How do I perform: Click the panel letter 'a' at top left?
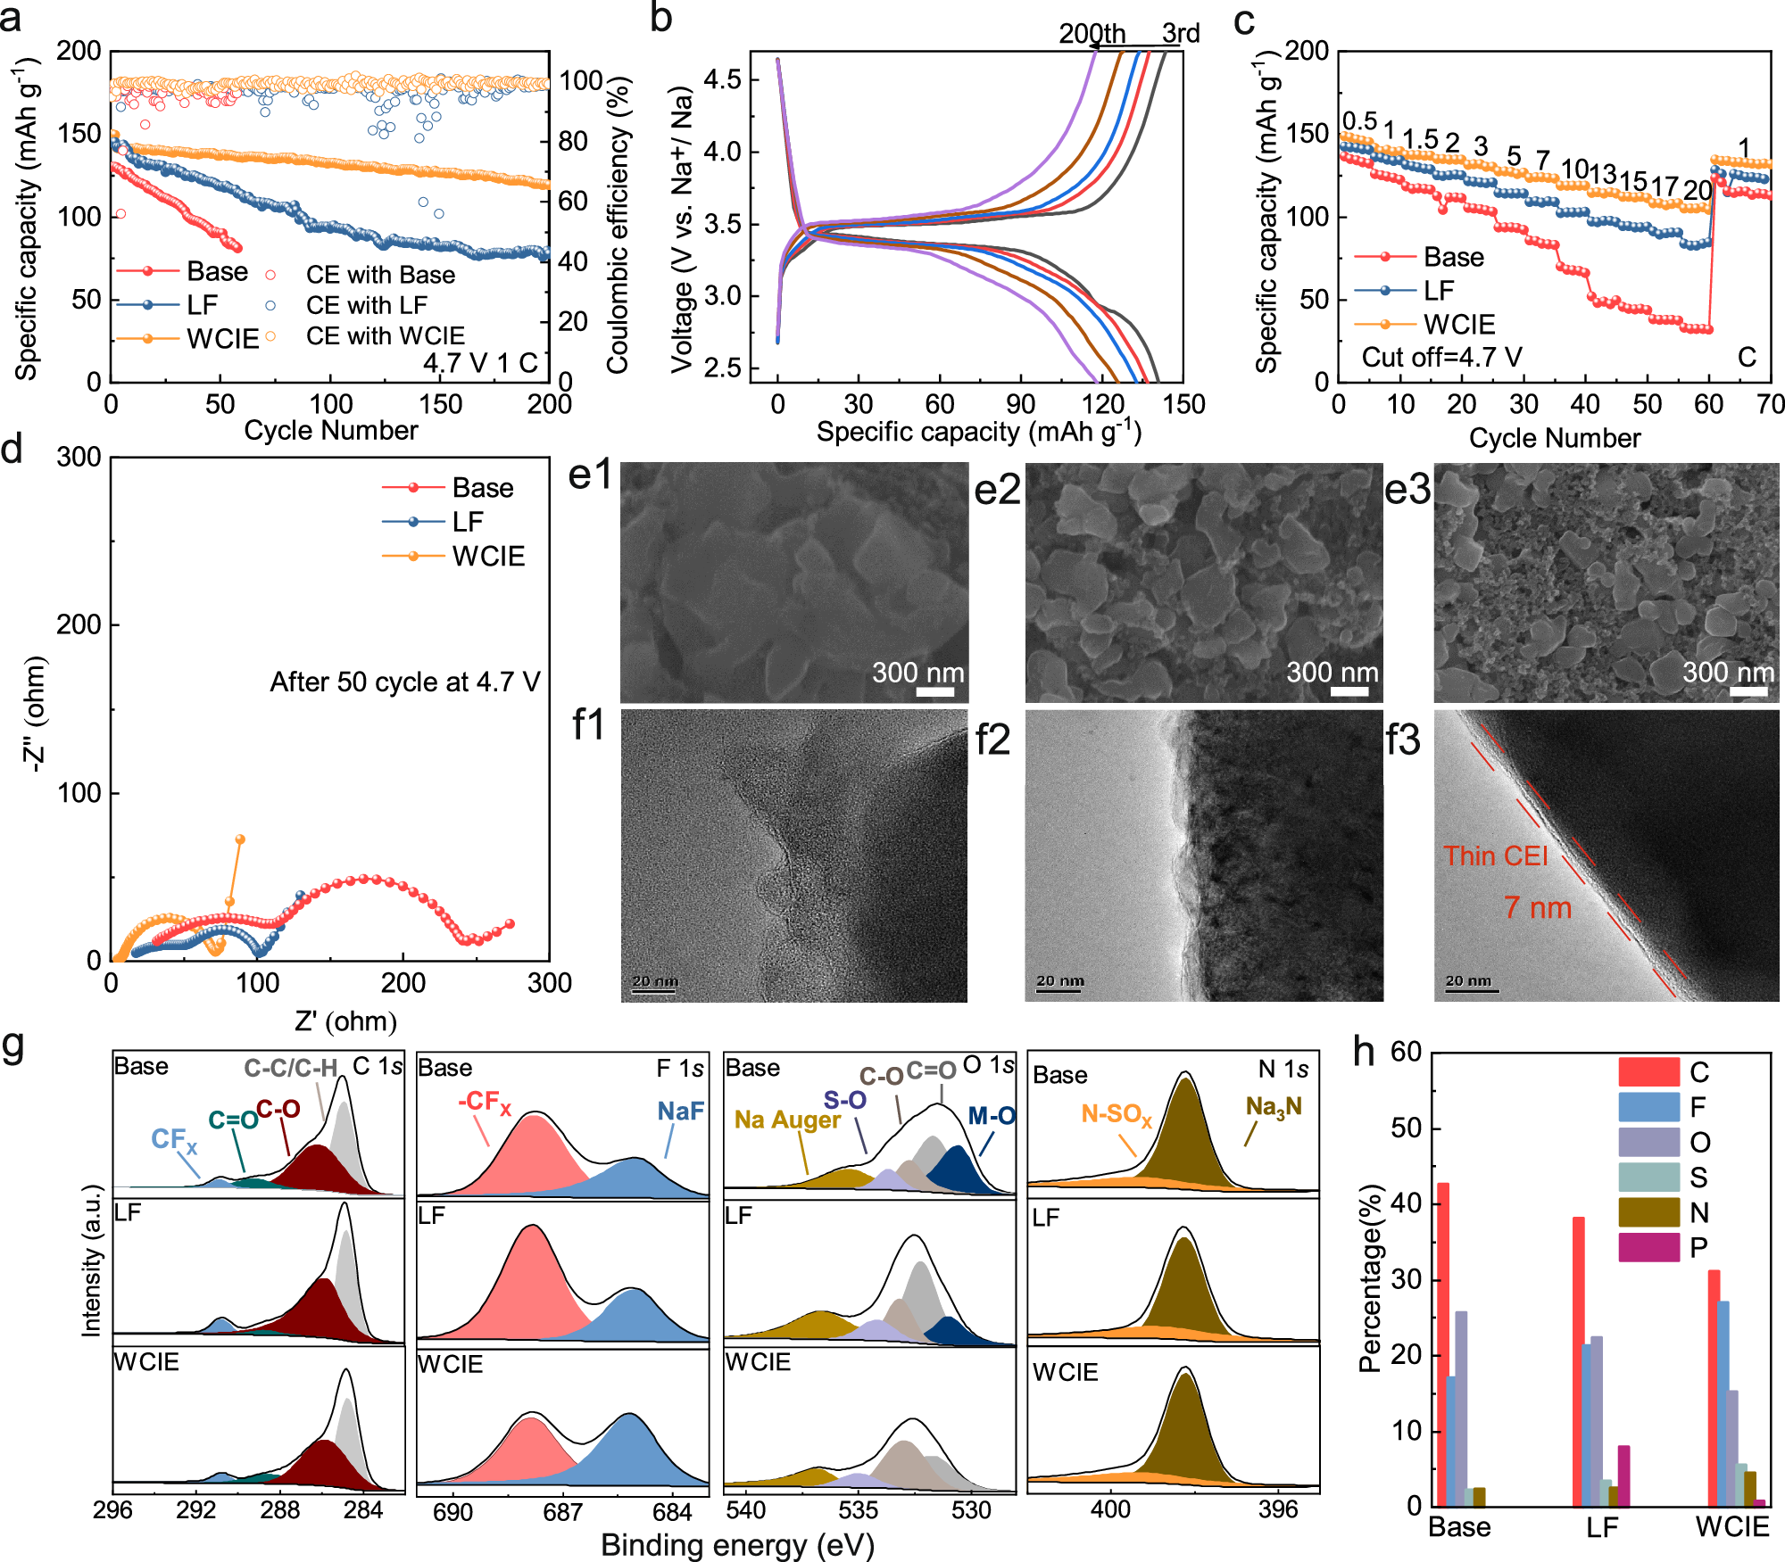tap(11, 18)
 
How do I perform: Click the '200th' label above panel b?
tap(1092, 33)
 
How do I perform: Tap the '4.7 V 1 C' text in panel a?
tap(480, 363)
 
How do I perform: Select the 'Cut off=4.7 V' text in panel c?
tap(1441, 358)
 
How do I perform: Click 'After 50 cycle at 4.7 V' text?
tap(404, 682)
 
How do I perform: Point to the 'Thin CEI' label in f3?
tap(1496, 855)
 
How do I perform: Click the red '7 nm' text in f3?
tap(1537, 908)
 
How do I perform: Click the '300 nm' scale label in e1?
tap(917, 672)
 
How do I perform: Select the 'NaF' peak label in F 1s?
tap(680, 1111)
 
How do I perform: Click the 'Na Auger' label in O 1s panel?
tap(787, 1120)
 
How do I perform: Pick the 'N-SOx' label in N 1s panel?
tap(1116, 1113)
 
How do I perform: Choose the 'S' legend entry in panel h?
tap(1698, 1178)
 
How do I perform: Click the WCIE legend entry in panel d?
tap(487, 557)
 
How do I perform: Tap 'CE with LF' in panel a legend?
tap(367, 305)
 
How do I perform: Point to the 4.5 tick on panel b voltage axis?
tap(722, 79)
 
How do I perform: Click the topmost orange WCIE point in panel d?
tap(239, 839)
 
